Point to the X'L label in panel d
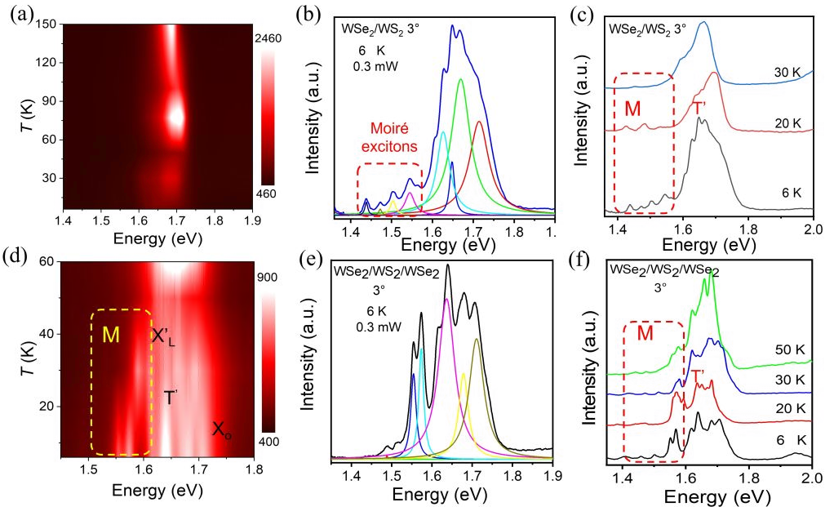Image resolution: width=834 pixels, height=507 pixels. coord(163,336)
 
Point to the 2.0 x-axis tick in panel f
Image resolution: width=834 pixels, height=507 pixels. coord(811,476)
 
